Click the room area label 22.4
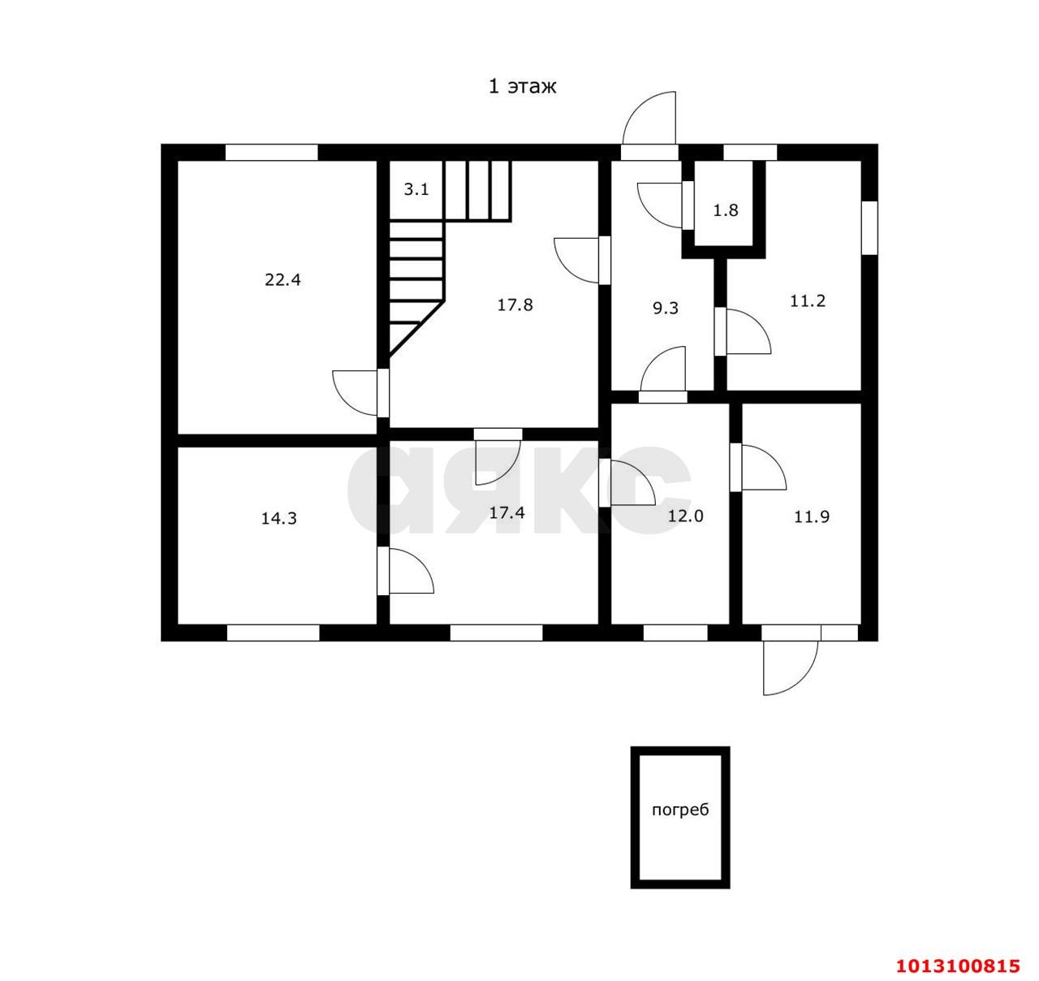coord(282,280)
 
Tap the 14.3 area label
coord(279,518)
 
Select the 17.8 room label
coord(515,305)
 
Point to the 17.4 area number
coord(507,512)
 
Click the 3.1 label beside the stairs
coord(416,189)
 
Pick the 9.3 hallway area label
coord(666,308)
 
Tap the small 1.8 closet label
coord(726,210)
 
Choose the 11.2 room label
coord(808,301)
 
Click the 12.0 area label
coord(686,516)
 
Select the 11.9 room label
coord(812,517)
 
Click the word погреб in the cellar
coord(680,811)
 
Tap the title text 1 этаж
coord(522,86)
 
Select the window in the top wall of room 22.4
coord(272,153)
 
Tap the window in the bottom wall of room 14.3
coord(273,633)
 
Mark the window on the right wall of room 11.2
coord(869,227)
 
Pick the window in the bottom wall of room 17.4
coord(497,633)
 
